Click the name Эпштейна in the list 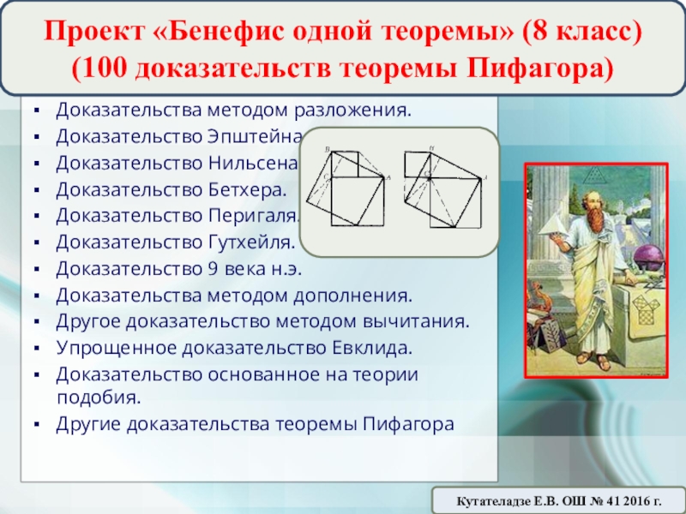(x=255, y=137)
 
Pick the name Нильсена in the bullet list (x=253, y=163)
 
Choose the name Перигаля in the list (x=253, y=216)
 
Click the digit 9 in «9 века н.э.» (x=213, y=269)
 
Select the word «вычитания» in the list (x=416, y=322)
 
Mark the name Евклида (x=372, y=349)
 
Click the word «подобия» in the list (x=99, y=397)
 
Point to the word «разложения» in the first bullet (x=352, y=111)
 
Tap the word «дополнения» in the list (x=352, y=296)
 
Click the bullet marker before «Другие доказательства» (x=37, y=424)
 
